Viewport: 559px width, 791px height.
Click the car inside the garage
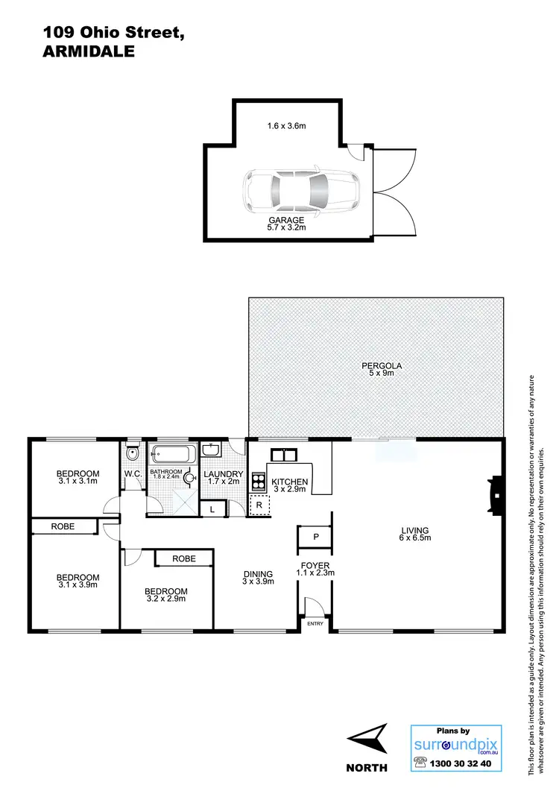coord(300,192)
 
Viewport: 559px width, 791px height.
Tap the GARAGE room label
coord(286,221)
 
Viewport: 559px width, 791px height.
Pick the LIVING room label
coord(416,529)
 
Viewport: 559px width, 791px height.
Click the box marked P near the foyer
coord(316,537)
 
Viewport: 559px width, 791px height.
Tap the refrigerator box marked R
coord(259,505)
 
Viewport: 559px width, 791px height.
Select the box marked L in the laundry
coord(212,509)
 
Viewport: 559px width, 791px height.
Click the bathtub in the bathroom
coord(172,453)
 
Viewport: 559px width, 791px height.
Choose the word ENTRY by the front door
coord(315,623)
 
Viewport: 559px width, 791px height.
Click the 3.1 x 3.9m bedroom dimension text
coord(78,585)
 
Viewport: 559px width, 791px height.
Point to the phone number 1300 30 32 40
coord(465,763)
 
